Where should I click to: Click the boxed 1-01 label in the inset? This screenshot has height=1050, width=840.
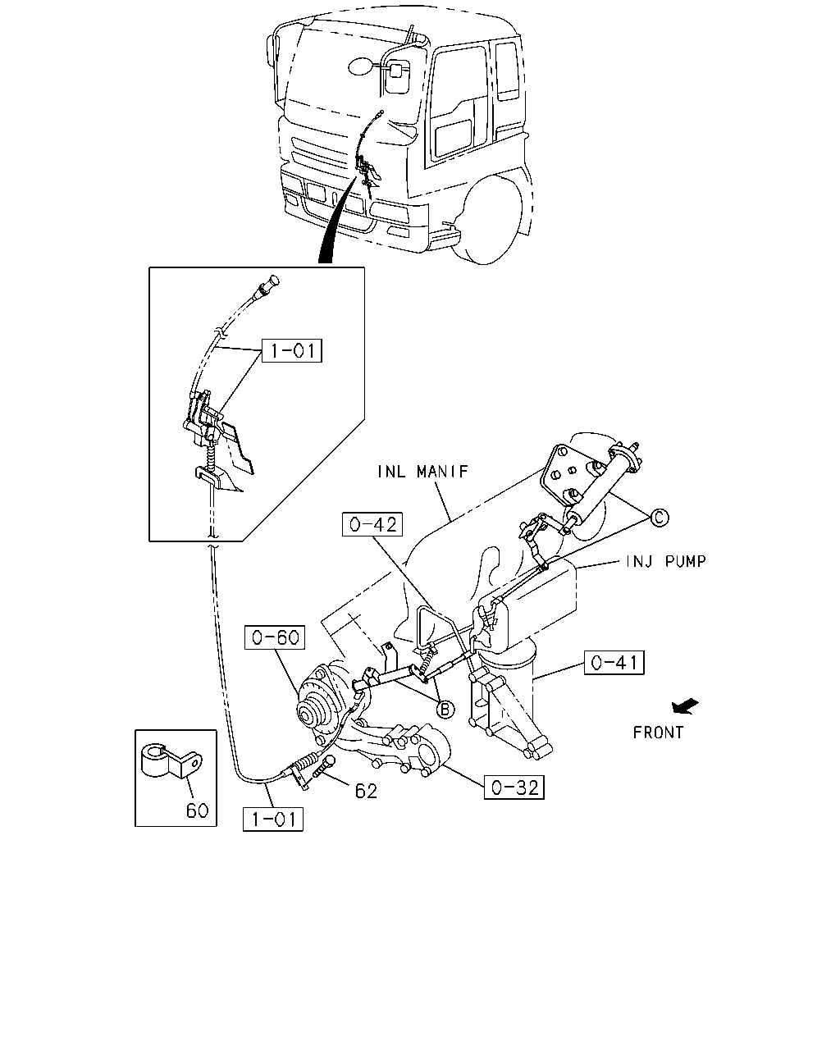pyautogui.click(x=292, y=350)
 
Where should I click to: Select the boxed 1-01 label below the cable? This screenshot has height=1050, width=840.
pyautogui.click(x=273, y=819)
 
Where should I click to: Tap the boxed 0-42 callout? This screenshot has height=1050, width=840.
pyautogui.click(x=372, y=524)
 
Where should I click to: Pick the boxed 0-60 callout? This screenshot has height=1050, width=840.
pyautogui.click(x=275, y=637)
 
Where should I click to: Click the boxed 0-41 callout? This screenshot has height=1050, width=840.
pyautogui.click(x=614, y=663)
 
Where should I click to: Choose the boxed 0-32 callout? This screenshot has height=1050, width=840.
pyautogui.click(x=514, y=787)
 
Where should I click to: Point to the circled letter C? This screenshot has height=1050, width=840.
pyautogui.click(x=660, y=518)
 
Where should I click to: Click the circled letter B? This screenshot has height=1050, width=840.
pyautogui.click(x=445, y=709)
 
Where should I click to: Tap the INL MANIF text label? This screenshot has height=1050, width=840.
pyautogui.click(x=422, y=472)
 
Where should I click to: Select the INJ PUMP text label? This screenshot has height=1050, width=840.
pyautogui.click(x=666, y=562)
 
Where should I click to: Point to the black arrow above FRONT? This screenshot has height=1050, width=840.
pyautogui.click(x=685, y=706)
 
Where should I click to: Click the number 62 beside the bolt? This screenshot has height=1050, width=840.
pyautogui.click(x=366, y=792)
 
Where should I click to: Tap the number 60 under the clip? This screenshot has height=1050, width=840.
pyautogui.click(x=197, y=811)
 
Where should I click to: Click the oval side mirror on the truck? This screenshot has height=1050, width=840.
pyautogui.click(x=361, y=66)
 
